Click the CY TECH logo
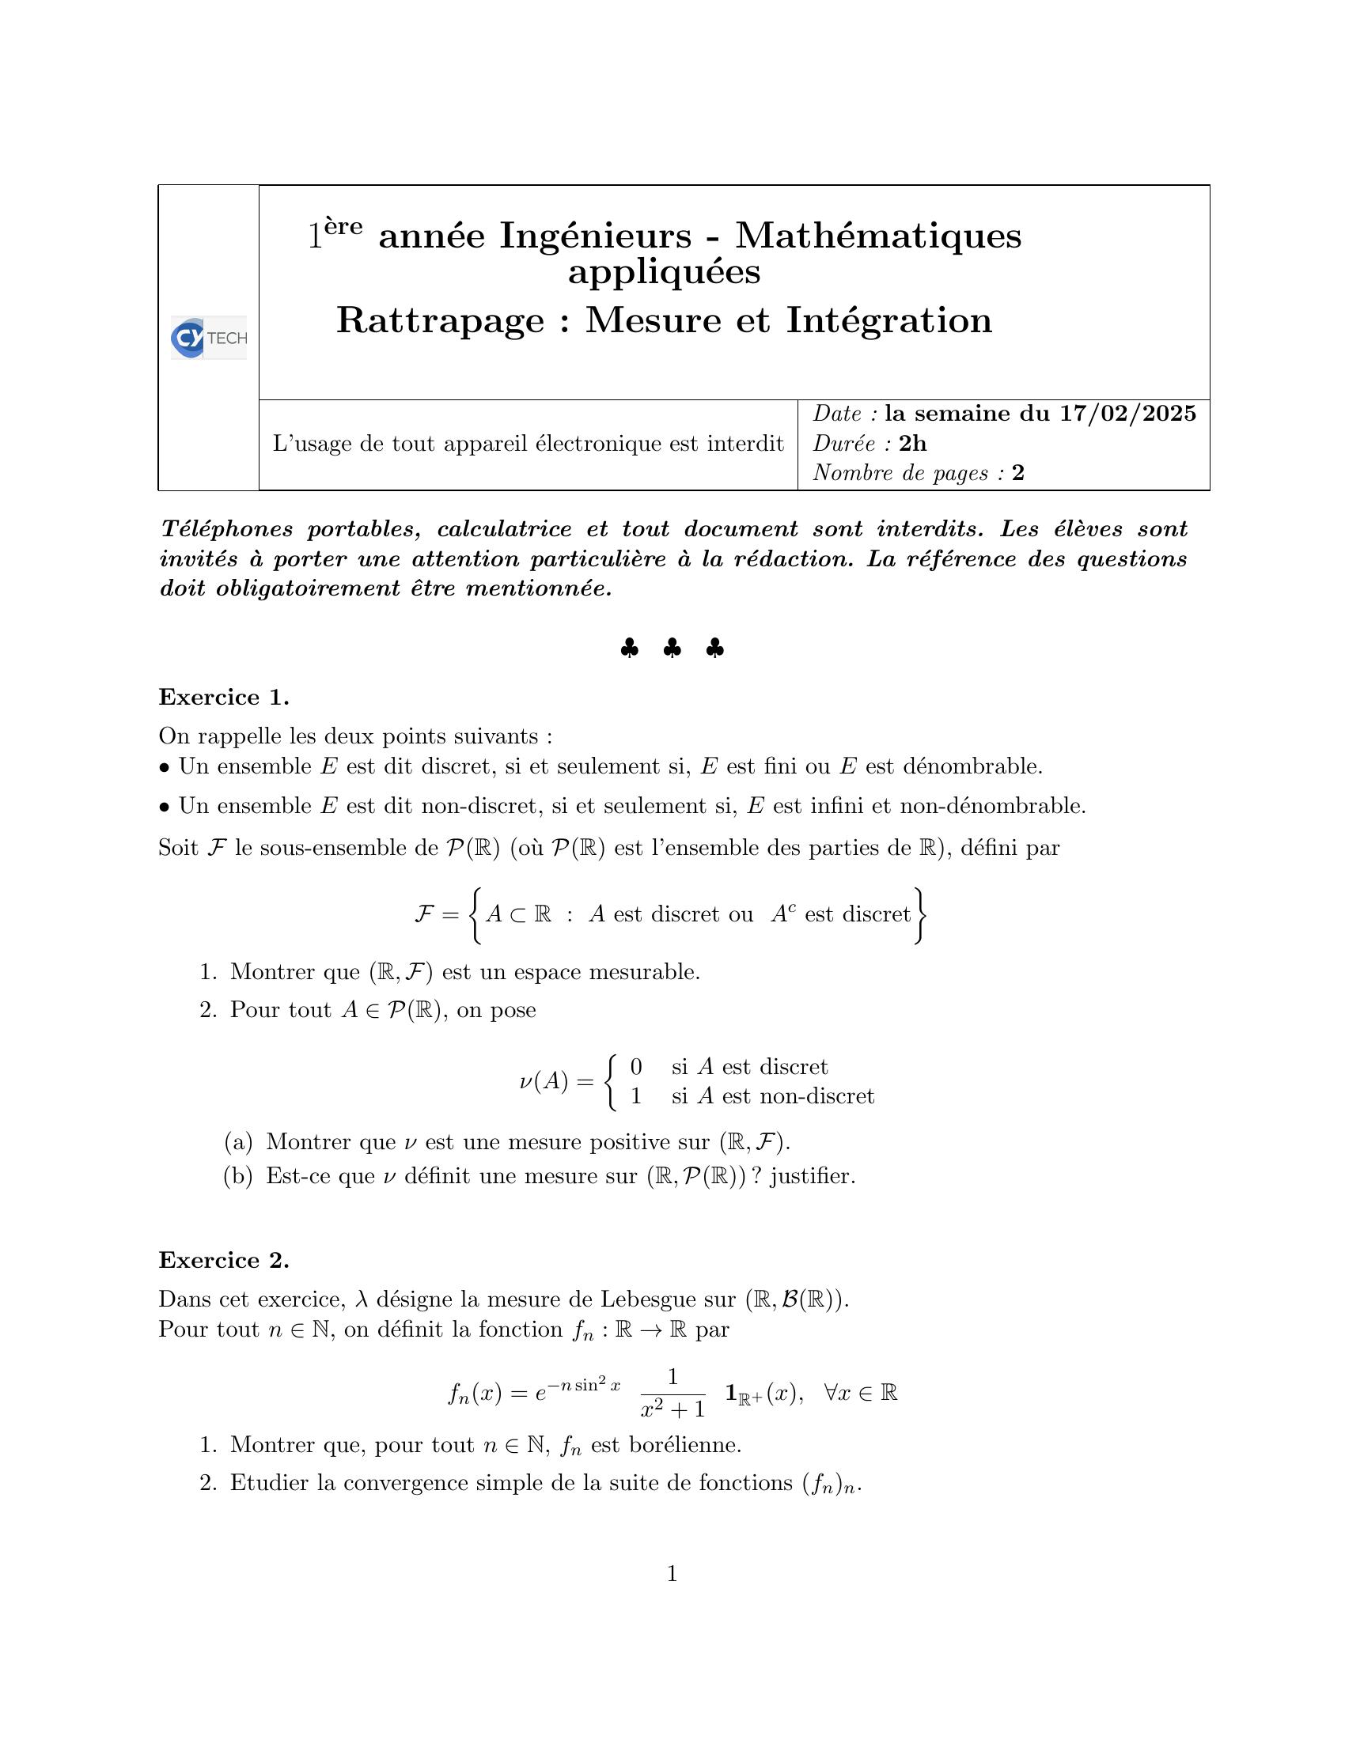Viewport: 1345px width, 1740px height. point(209,338)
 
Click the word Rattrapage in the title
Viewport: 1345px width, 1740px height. point(441,321)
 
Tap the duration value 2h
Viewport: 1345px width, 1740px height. point(912,443)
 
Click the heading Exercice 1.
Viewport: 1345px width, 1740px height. point(223,697)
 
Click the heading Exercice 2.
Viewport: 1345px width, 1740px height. point(223,1260)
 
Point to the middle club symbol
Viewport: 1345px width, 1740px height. point(672,649)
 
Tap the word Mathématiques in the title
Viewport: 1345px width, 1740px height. point(877,236)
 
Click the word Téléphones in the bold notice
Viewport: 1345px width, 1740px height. point(226,529)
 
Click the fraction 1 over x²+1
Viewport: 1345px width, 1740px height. point(672,1393)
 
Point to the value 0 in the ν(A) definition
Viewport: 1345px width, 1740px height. point(636,1066)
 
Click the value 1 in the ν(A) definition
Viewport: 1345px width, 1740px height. point(636,1096)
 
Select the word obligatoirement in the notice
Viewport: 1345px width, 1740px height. point(308,588)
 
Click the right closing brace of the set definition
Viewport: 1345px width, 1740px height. point(920,915)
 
